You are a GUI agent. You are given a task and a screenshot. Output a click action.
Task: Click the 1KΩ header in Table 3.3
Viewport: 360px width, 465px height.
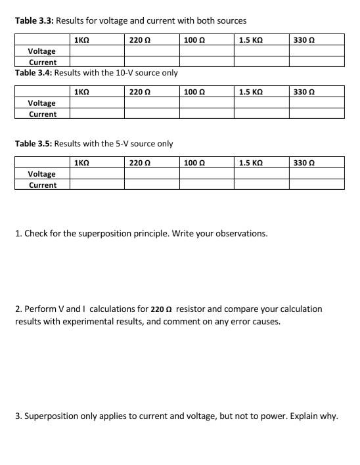(x=82, y=40)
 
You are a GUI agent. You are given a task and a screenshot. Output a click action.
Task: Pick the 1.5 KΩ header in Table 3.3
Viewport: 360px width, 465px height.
(x=250, y=40)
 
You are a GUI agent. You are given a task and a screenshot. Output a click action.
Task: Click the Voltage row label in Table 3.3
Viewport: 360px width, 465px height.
(x=42, y=51)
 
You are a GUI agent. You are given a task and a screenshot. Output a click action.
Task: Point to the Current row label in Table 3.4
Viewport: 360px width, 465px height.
(x=42, y=114)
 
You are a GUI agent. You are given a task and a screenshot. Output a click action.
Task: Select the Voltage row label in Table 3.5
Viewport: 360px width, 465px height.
(x=42, y=173)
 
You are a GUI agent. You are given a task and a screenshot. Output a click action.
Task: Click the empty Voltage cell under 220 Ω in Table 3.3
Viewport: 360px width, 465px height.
(x=151, y=51)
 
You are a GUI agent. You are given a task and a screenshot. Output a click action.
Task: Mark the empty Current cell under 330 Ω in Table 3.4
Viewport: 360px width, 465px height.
(x=316, y=114)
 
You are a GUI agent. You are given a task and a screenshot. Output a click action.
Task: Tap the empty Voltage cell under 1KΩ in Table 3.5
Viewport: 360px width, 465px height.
(x=97, y=173)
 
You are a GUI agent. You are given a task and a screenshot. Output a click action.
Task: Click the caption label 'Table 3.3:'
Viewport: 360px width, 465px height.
(x=34, y=21)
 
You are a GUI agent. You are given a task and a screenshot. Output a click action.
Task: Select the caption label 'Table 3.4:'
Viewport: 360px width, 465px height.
(x=34, y=72)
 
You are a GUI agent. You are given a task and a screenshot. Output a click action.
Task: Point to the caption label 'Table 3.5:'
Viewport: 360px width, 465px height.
(x=34, y=143)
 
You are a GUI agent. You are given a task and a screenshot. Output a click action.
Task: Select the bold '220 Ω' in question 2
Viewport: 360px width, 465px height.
(x=161, y=309)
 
